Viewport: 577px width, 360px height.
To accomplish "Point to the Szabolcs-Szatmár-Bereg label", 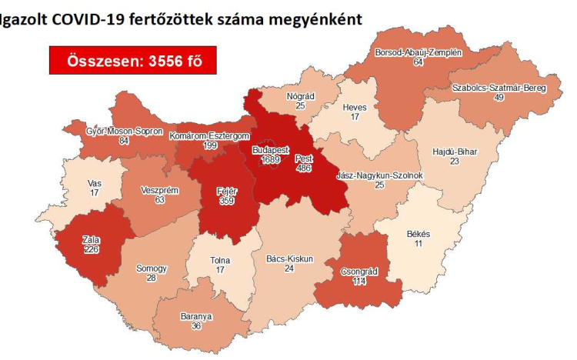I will coord(499,88).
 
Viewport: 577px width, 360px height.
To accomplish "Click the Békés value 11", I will coord(419,243).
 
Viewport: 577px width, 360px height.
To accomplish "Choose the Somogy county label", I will coord(151,268).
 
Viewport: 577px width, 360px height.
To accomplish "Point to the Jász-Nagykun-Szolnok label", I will coord(379,176).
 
